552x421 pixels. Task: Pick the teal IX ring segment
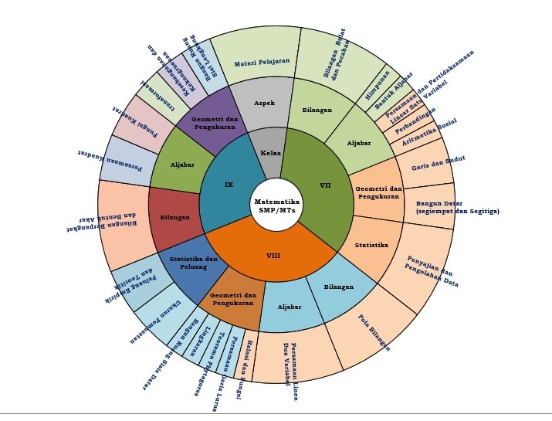click(229, 185)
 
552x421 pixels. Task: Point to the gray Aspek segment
click(264, 103)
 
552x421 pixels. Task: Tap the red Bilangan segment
click(174, 218)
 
